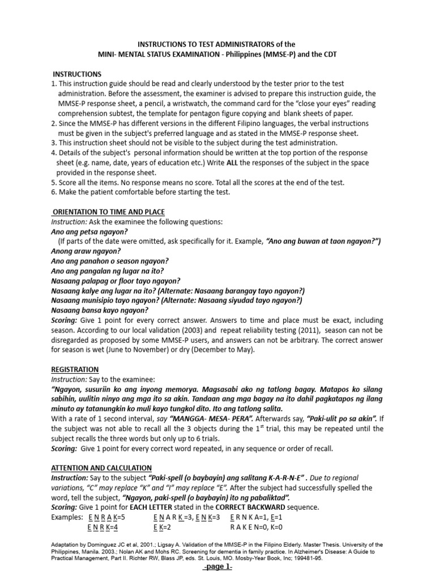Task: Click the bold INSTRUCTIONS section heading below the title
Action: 77,74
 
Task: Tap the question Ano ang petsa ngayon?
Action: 89,232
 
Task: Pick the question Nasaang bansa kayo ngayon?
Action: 100,310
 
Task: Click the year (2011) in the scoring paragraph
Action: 287,330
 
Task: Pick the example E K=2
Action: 163,527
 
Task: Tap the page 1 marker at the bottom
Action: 217,569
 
